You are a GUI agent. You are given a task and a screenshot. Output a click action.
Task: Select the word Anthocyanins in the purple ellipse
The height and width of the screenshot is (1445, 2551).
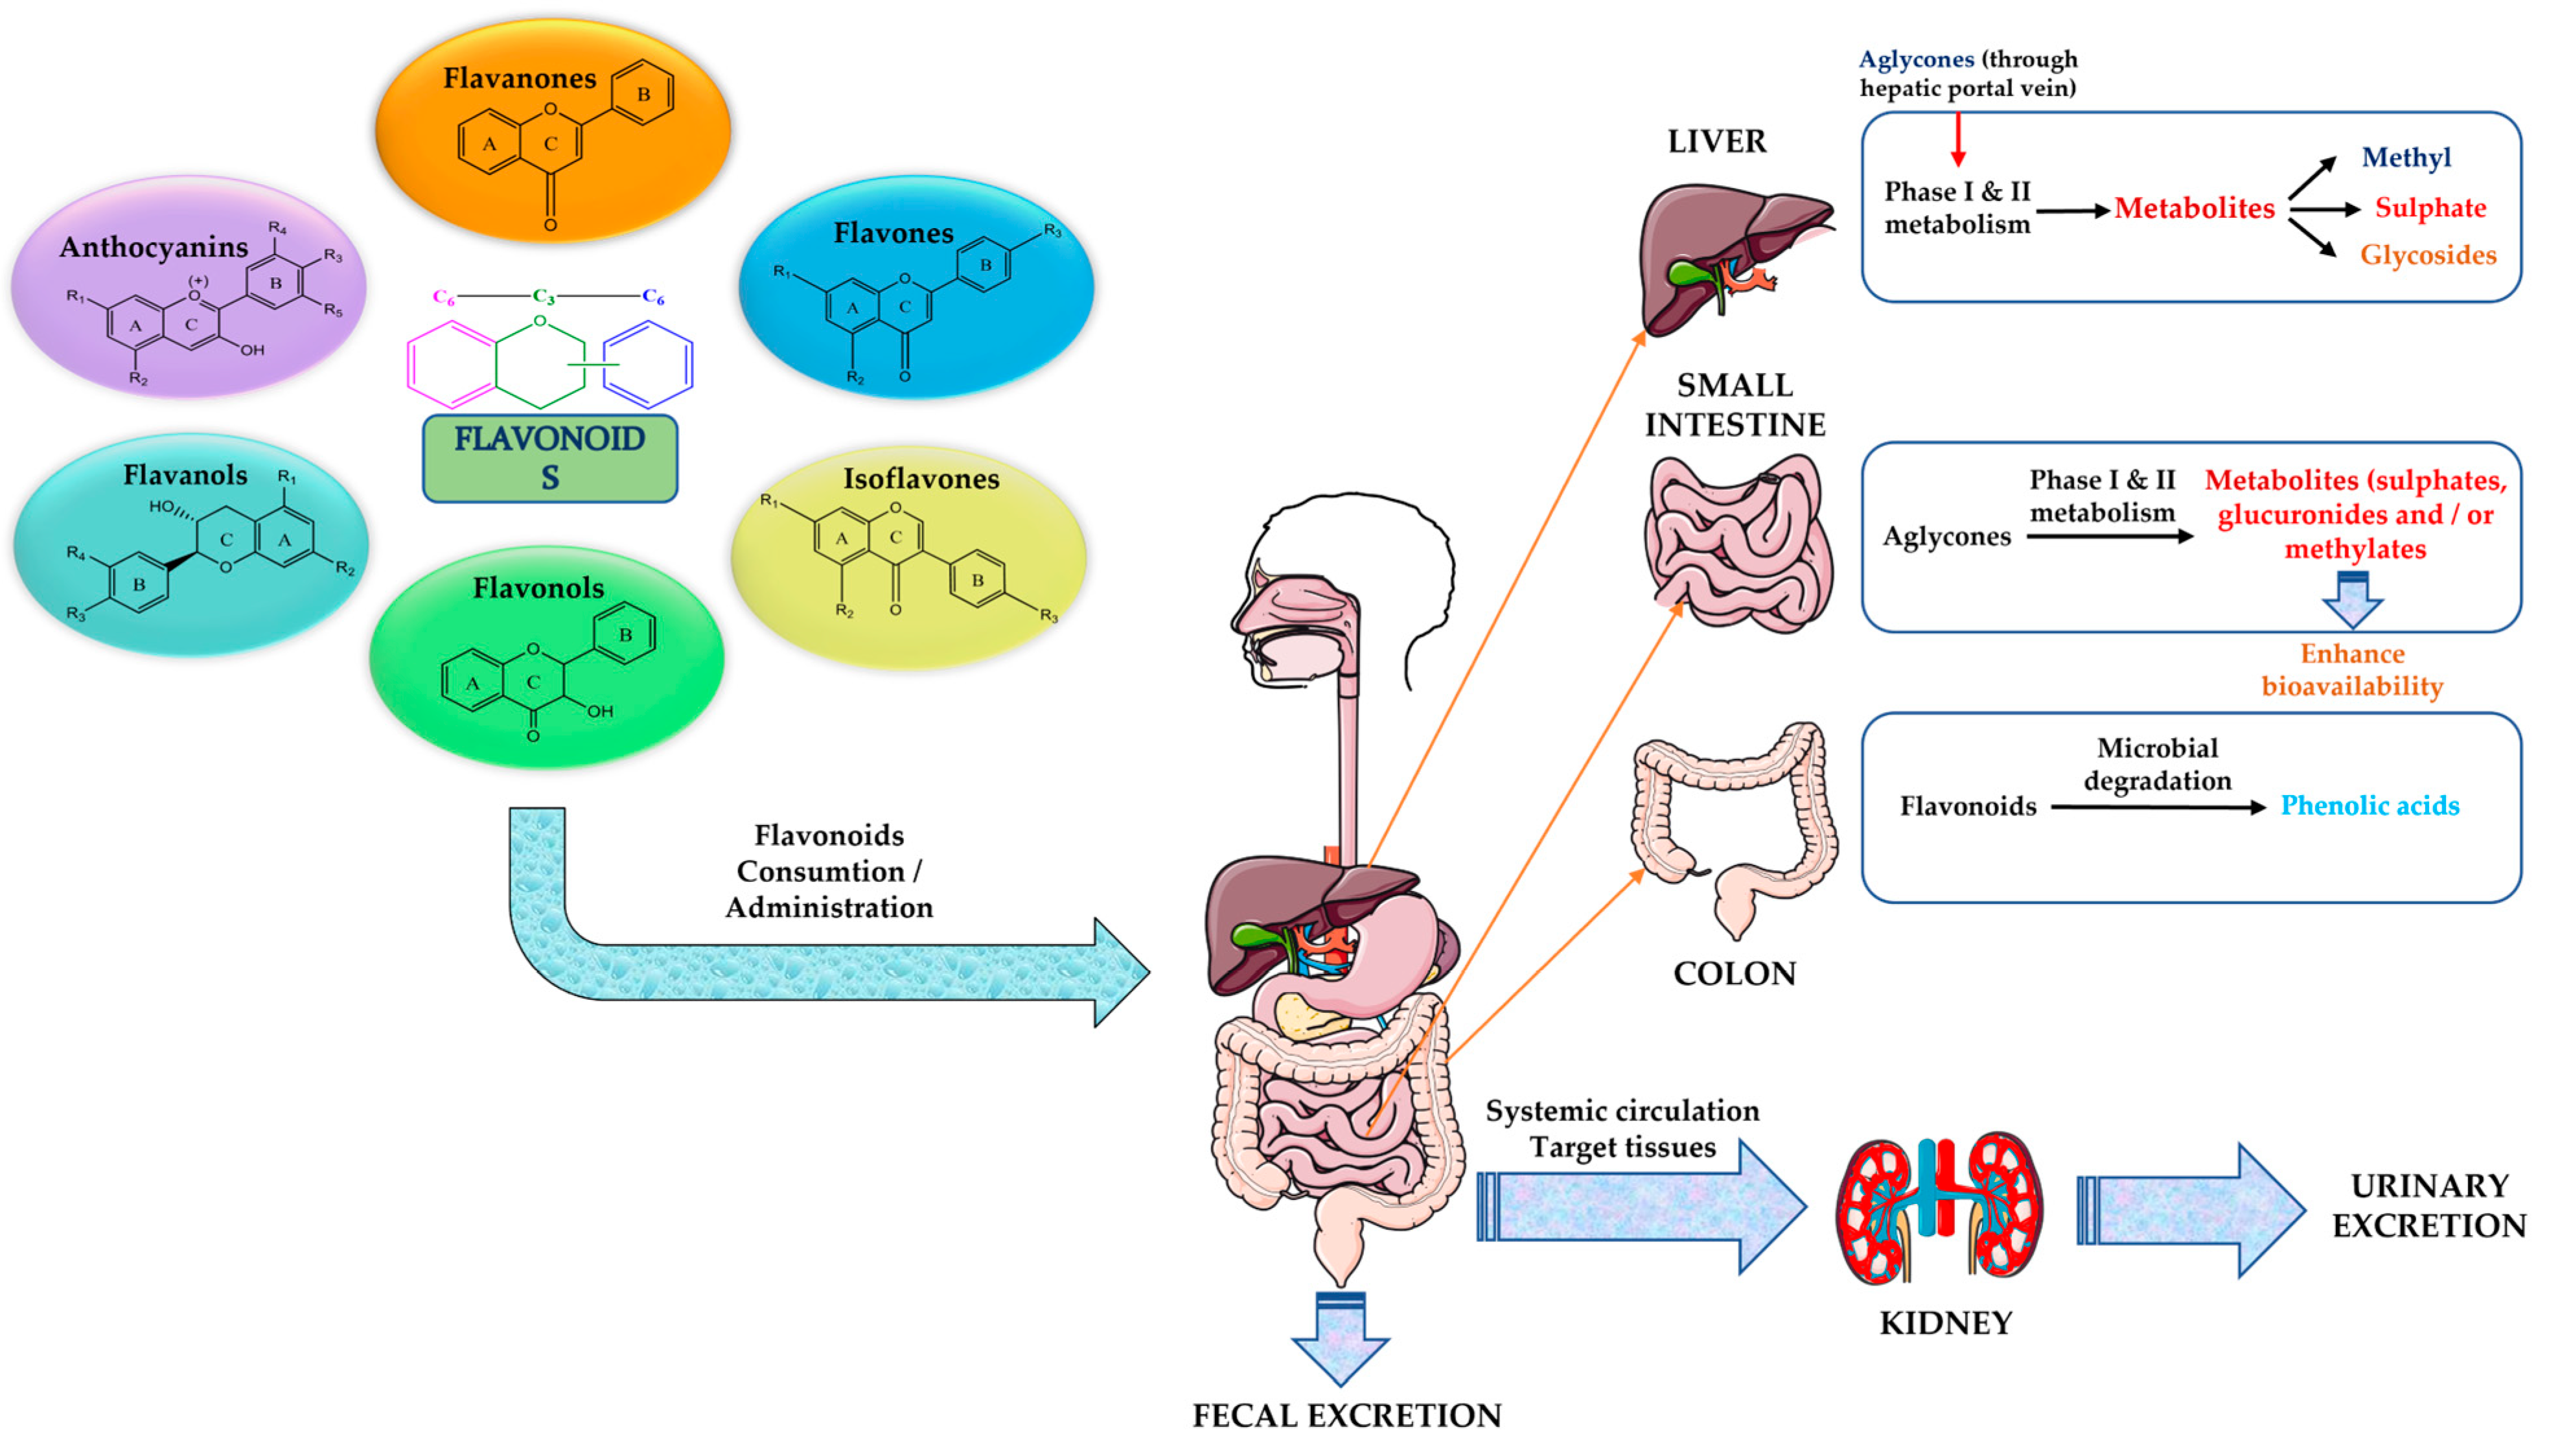[154, 247]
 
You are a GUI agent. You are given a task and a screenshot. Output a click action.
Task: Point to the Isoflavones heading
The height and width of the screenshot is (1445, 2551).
[921, 480]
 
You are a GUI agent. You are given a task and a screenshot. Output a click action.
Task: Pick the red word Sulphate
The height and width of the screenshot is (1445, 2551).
[2430, 209]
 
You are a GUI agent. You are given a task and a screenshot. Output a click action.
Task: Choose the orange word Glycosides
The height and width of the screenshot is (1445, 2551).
[2428, 255]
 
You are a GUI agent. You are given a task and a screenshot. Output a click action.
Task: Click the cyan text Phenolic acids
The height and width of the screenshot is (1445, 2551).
[2370, 806]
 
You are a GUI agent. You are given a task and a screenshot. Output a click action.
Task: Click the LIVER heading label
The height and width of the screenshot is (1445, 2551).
[1716, 142]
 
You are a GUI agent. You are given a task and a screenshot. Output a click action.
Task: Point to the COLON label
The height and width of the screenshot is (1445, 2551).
[1735, 973]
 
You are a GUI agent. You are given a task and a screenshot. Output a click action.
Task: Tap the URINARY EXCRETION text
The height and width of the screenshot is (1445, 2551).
[2429, 1206]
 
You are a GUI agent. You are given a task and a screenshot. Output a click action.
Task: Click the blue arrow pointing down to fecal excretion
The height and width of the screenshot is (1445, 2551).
[1341, 1338]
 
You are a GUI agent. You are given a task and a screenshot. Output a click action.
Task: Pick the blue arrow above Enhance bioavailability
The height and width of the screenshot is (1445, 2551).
[2353, 599]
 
